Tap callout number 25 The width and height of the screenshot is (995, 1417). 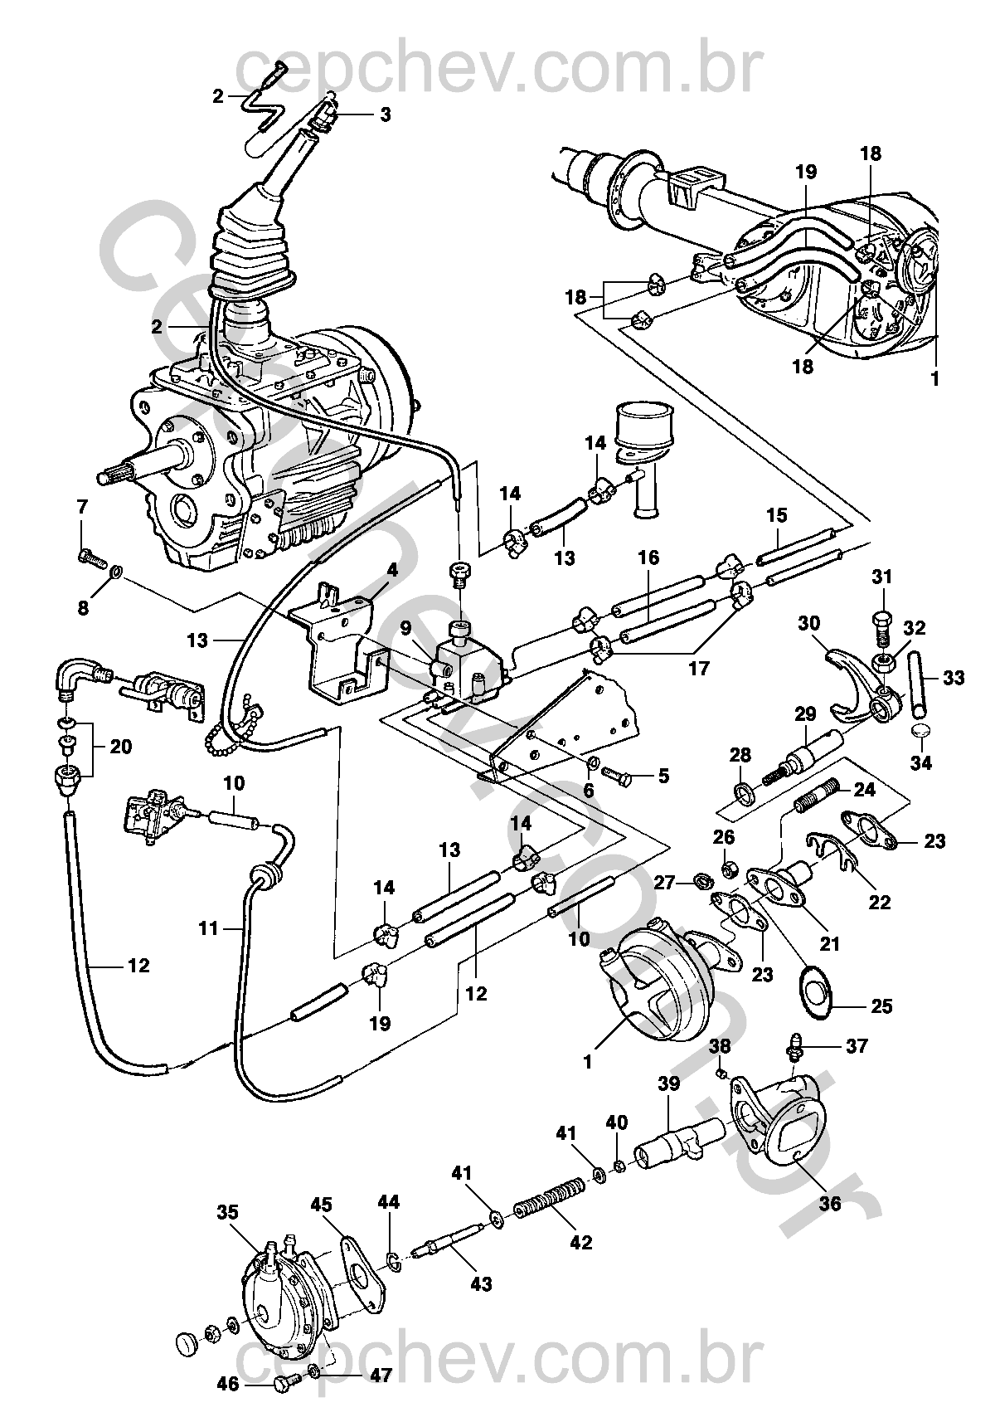pyautogui.click(x=881, y=1006)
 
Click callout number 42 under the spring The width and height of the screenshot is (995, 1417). pyautogui.click(x=581, y=1242)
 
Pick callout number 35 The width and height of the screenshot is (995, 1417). pyautogui.click(x=227, y=1213)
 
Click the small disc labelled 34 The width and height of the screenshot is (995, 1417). pyautogui.click(x=920, y=731)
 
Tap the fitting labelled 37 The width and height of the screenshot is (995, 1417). pyautogui.click(x=794, y=1049)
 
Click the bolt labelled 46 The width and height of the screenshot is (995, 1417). pyautogui.click(x=284, y=1382)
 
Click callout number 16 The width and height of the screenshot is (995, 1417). pyautogui.click(x=648, y=558)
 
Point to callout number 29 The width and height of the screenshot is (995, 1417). pyautogui.click(x=805, y=714)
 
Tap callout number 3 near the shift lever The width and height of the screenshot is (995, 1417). pyautogui.click(x=385, y=114)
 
